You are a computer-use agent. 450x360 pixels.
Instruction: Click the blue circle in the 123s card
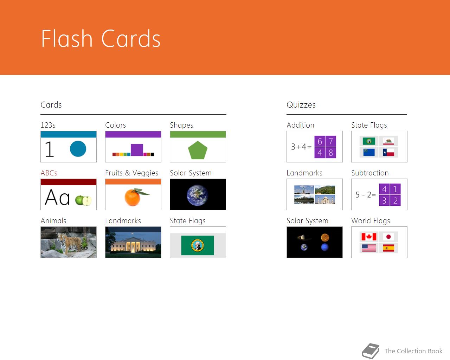tap(78, 149)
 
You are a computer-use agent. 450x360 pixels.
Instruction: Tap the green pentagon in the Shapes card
tap(198, 150)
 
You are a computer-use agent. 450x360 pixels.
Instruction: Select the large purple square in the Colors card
tap(137, 150)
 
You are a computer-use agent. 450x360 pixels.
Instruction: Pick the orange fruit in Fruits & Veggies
tap(133, 197)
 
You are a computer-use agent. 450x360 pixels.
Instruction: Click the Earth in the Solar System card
tap(197, 195)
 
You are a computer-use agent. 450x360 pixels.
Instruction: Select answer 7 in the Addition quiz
tap(330, 141)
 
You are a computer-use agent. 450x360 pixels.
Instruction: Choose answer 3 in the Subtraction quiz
tap(384, 201)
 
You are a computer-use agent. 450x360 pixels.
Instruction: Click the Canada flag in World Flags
tap(369, 237)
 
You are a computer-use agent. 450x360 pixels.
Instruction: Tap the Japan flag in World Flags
tap(388, 237)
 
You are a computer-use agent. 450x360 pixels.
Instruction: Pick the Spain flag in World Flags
tap(388, 248)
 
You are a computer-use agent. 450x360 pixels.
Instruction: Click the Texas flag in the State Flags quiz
tap(388, 153)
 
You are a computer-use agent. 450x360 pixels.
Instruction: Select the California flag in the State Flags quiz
tap(388, 141)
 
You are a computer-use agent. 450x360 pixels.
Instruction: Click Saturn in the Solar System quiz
tap(304, 237)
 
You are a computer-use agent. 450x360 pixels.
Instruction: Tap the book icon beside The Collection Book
tap(371, 351)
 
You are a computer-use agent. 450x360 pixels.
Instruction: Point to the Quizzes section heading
tap(301, 105)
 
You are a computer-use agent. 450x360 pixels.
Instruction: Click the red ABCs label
tap(49, 173)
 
